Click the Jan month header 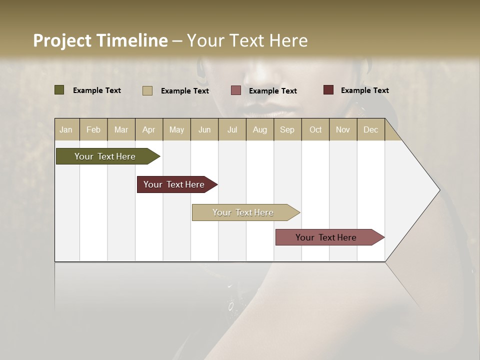[x=66, y=130]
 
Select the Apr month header [x=149, y=130]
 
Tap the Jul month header [x=232, y=130]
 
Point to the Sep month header [x=287, y=130]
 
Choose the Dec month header [x=370, y=130]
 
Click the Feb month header [x=93, y=130]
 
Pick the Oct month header [x=315, y=130]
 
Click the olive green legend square [x=59, y=90]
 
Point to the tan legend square [x=147, y=90]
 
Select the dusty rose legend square [x=236, y=90]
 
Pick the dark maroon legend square [x=328, y=90]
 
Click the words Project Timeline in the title [x=100, y=40]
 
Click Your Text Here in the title [x=247, y=40]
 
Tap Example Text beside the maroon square [x=364, y=90]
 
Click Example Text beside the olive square [x=97, y=90]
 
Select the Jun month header [x=204, y=130]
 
